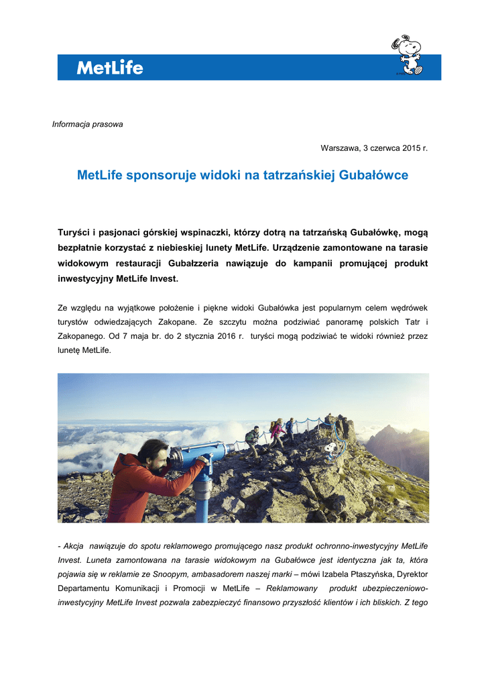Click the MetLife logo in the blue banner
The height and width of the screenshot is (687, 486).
tap(110, 67)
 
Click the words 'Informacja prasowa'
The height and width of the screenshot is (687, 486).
tap(88, 124)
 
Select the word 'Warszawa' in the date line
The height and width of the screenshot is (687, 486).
tap(338, 148)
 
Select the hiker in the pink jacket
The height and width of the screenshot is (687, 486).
tap(275, 433)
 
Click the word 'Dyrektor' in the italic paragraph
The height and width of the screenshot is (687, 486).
tap(411, 576)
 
